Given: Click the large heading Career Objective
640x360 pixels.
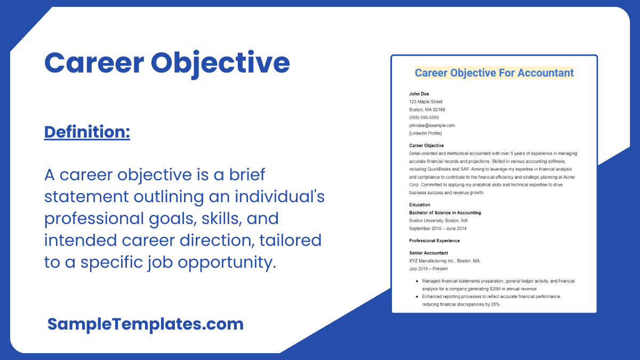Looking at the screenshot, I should tap(167, 63).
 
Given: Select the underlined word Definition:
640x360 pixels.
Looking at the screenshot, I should tap(87, 132).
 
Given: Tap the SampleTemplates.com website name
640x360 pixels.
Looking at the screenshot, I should tap(145, 324).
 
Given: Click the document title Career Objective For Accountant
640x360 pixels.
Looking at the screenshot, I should tap(494, 73).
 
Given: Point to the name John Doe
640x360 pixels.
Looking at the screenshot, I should tap(419, 94).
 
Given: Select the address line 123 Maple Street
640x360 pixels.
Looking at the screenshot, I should tap(426, 102).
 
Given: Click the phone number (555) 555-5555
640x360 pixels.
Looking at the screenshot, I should tap(424, 117).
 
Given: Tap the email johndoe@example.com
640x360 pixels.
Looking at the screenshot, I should tap(432, 125).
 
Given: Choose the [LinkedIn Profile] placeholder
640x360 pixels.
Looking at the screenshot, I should tap(426, 133).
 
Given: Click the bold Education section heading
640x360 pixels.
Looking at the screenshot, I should tap(420, 205).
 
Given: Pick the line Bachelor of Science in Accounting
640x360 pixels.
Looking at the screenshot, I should tap(445, 213).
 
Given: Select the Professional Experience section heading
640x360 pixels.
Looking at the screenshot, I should tap(434, 241).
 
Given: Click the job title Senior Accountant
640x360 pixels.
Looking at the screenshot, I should tap(429, 253).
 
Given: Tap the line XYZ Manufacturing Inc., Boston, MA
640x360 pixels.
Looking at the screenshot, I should tap(444, 261).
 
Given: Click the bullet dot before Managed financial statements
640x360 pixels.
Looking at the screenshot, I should tap(416, 281).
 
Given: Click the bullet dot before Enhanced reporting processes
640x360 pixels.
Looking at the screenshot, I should tap(416, 296).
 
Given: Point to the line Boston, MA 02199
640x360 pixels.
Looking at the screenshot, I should tap(427, 110).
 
